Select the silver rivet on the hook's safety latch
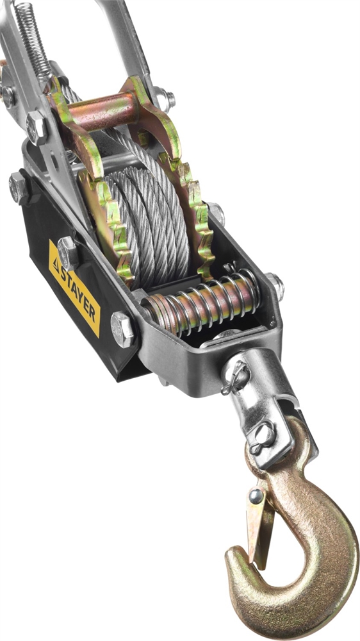click(x=256, y=495)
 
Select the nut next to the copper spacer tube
click(x=164, y=99)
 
